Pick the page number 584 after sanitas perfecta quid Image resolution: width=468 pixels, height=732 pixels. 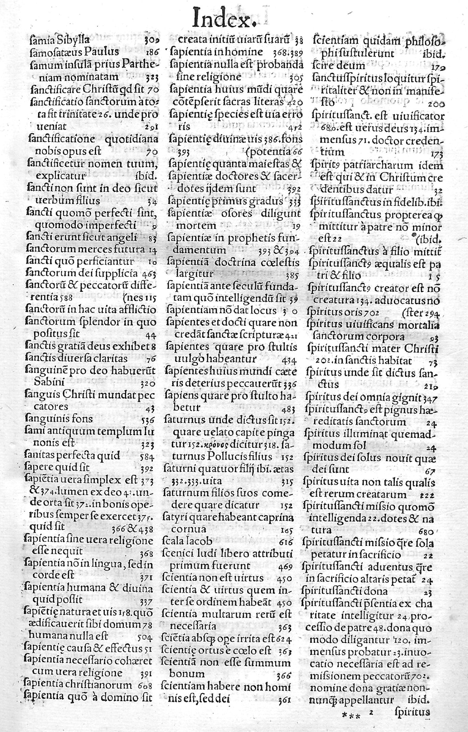[147, 457]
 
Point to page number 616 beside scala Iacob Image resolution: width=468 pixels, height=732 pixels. [286, 542]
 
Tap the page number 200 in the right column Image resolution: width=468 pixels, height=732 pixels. [436, 105]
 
